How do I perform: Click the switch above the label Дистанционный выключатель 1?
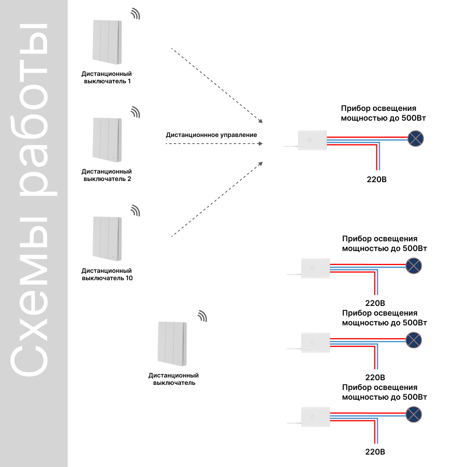[x=107, y=42]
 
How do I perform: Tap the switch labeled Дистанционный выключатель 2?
[x=107, y=140]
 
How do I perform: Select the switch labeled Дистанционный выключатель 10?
[x=107, y=239]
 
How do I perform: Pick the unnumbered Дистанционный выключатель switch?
[x=172, y=344]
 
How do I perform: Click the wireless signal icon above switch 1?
[x=136, y=14]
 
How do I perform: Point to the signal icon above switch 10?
[x=136, y=211]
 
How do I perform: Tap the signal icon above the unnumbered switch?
[x=203, y=316]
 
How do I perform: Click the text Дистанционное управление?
[x=211, y=135]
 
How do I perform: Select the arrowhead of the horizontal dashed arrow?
[x=261, y=144]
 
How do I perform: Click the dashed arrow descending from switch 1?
[x=217, y=86]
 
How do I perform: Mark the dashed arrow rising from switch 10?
[x=217, y=199]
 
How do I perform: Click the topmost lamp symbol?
[x=415, y=139]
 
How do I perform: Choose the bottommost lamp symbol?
[x=413, y=414]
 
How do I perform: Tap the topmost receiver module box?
[x=313, y=140]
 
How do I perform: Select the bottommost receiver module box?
[x=315, y=417]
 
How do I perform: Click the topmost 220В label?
[x=376, y=179]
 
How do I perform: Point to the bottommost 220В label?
[x=375, y=452]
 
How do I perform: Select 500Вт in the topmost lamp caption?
[x=413, y=118]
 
